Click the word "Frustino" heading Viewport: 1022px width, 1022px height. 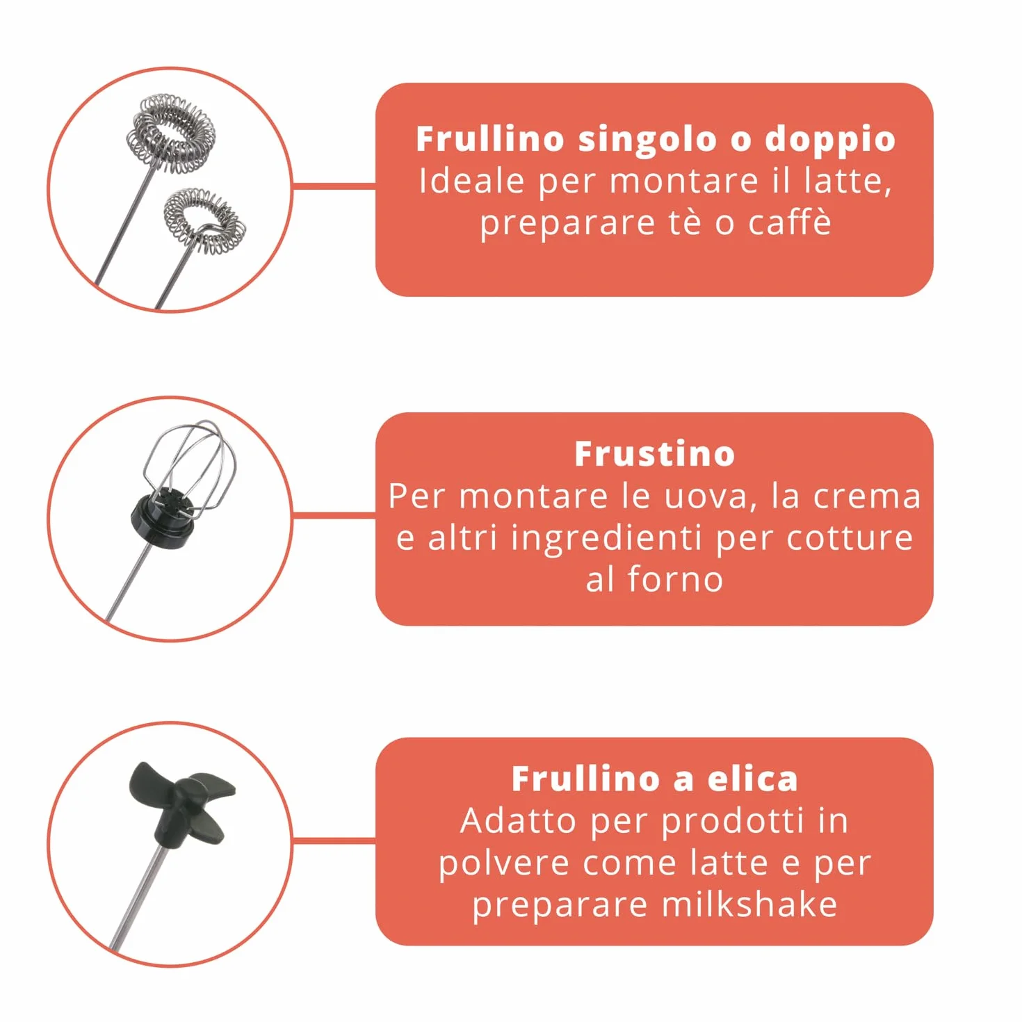(x=654, y=454)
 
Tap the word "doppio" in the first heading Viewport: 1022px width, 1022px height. (x=829, y=140)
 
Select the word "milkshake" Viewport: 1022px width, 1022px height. (x=749, y=905)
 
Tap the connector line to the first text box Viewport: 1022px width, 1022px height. (x=334, y=186)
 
